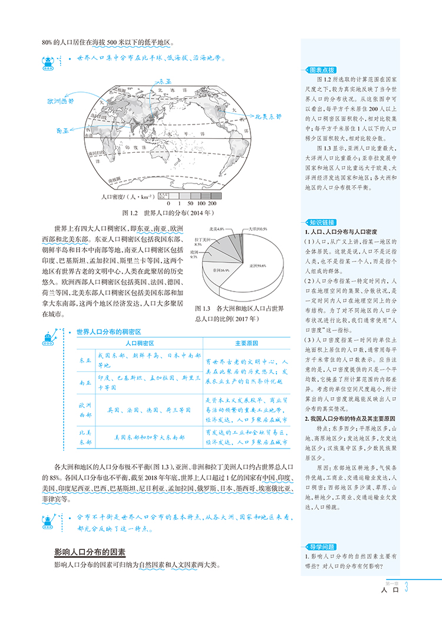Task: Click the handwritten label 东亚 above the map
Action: (161, 81)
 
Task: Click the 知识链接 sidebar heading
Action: (319, 222)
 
